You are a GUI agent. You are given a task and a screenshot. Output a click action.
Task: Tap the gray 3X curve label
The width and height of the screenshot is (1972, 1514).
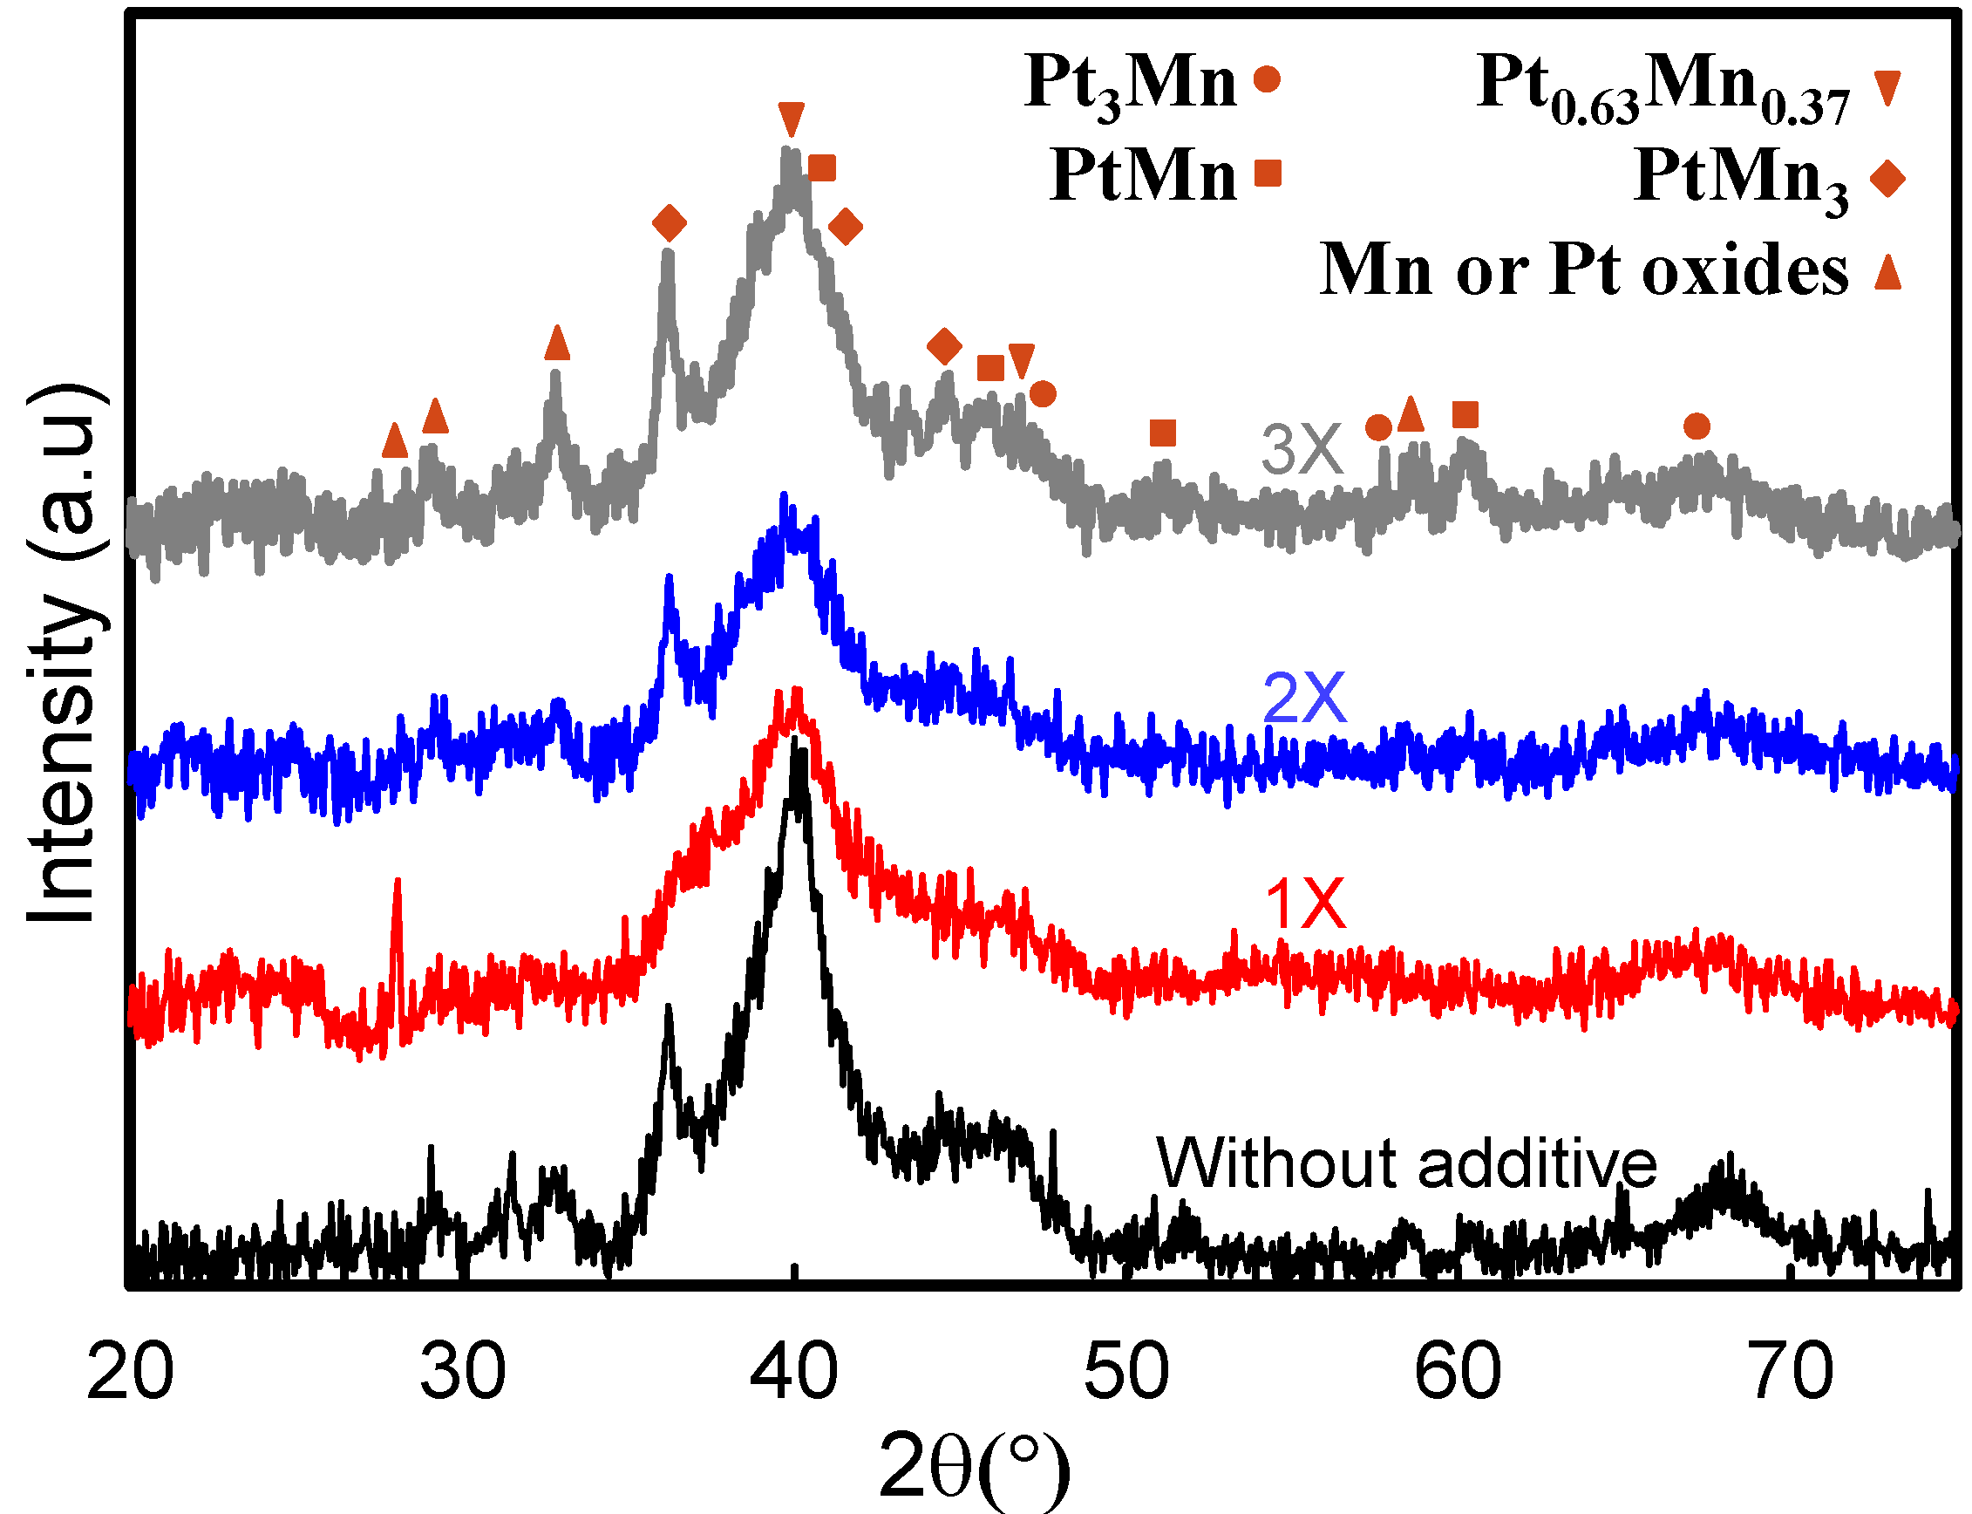pos(1301,449)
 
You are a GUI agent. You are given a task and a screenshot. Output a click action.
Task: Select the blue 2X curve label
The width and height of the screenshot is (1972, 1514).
pos(1303,698)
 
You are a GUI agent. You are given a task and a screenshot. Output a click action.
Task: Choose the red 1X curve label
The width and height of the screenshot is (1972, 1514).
pos(1304,904)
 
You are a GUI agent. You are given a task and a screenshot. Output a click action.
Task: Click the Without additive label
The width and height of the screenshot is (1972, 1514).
pos(1406,1163)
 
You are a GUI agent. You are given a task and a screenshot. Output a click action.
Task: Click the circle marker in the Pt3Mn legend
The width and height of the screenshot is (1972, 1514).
pos(1267,79)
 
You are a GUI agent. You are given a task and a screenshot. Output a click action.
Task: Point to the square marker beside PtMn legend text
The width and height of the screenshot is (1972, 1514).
pos(1268,173)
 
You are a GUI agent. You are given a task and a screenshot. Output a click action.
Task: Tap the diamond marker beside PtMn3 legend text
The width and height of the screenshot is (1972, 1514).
pos(1887,179)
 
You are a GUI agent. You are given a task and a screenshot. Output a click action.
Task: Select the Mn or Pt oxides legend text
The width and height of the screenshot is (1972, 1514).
pos(1583,269)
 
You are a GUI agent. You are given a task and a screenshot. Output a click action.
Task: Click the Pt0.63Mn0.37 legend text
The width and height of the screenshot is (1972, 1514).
pos(1663,88)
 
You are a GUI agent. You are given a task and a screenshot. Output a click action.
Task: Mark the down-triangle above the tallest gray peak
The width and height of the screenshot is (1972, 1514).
pos(790,119)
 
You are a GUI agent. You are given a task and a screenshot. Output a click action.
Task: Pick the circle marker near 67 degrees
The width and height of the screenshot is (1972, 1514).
pos(1697,426)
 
